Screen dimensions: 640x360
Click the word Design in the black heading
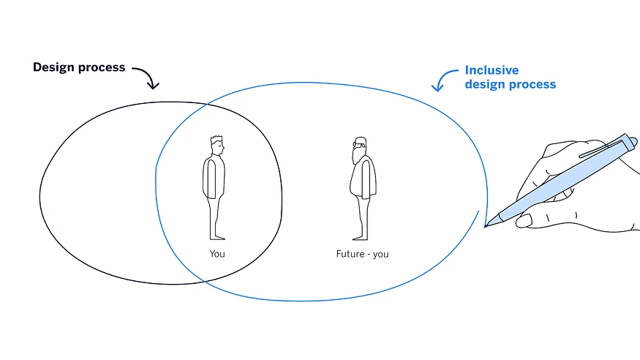click(x=55, y=67)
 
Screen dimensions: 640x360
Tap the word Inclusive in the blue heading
click(x=492, y=71)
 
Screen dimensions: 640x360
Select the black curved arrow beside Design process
click(x=147, y=76)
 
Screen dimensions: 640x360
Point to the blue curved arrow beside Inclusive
click(x=443, y=80)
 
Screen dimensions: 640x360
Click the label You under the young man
click(x=217, y=254)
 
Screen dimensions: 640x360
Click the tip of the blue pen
click(x=486, y=225)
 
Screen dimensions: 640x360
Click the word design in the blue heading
click(x=485, y=85)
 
